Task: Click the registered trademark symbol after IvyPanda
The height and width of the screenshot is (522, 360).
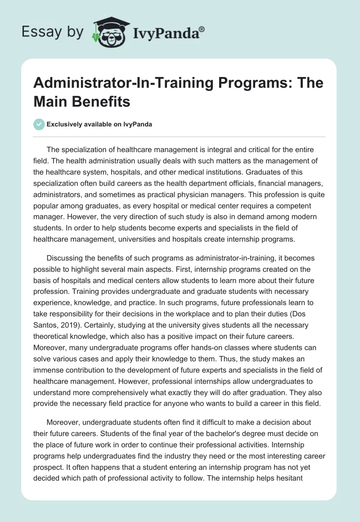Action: pyautogui.click(x=202, y=29)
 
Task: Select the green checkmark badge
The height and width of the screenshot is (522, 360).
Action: pyautogui.click(x=39, y=124)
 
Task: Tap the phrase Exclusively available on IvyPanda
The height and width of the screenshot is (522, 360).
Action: pyautogui.click(x=100, y=124)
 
